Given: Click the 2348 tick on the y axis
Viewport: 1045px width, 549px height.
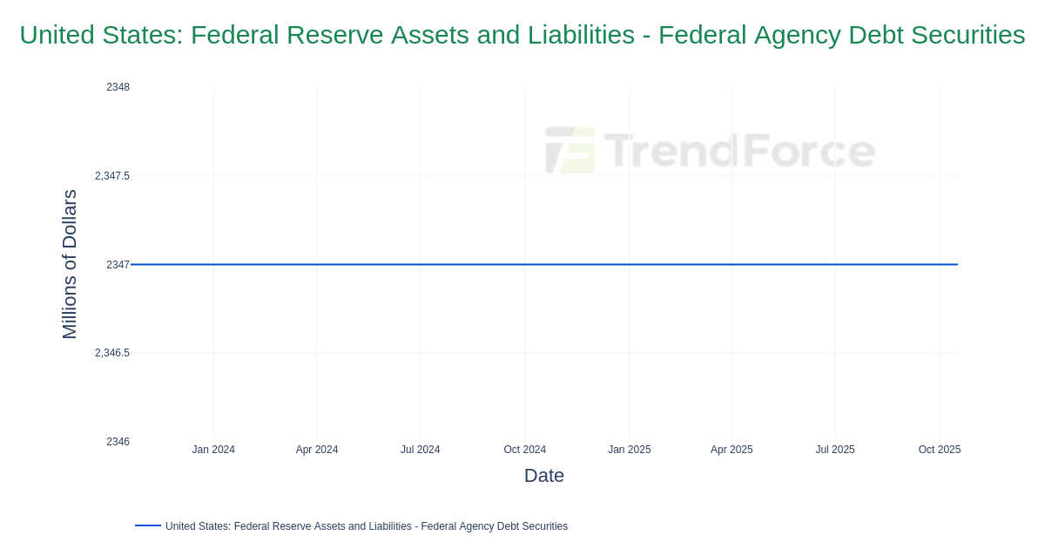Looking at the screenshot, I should pos(118,87).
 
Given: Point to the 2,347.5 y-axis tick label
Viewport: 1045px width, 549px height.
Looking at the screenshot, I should pos(112,176).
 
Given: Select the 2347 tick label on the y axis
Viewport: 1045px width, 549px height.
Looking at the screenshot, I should pos(118,265).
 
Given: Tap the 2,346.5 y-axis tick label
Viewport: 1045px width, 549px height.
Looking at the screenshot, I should pos(112,353).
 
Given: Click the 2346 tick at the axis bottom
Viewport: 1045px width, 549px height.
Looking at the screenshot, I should pos(118,442).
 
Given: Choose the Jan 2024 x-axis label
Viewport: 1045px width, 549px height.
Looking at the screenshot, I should pos(213,450).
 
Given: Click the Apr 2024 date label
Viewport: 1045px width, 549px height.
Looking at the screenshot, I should pos(317,450).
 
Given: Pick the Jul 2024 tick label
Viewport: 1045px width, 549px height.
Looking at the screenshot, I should pos(420,450).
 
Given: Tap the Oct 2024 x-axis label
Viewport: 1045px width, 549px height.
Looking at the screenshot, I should pos(524,450).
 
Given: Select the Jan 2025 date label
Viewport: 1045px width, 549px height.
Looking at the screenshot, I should pos(629,450).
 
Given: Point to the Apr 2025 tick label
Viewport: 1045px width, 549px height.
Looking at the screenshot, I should pos(731,450).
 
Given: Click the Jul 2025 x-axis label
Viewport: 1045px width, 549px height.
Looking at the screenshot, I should pos(834,450).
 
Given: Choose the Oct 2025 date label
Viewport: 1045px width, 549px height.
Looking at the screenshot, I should pos(939,450).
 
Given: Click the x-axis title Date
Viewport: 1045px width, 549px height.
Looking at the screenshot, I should pos(544,476).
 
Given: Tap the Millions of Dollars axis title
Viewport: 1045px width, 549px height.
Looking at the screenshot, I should pos(70,264).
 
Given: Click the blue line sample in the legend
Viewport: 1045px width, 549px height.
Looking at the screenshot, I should pos(148,525).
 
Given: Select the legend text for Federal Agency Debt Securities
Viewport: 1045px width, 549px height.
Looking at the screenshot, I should pos(366,526).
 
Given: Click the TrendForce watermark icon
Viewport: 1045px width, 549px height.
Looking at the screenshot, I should pos(570,150).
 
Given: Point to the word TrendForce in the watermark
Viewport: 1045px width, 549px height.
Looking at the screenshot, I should pos(739,151).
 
